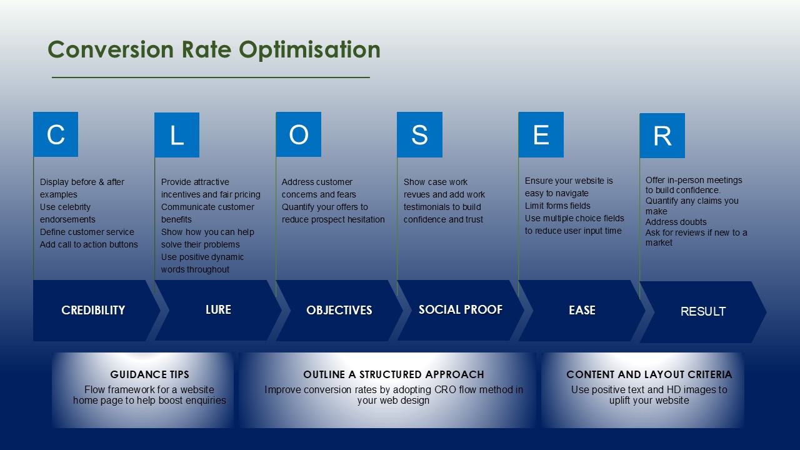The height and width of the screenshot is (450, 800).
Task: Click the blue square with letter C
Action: pos(56,134)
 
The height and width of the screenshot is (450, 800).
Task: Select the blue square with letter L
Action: pos(177,135)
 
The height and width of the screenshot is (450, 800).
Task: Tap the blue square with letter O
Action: pos(299,134)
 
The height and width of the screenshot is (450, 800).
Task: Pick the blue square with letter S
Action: pos(419,134)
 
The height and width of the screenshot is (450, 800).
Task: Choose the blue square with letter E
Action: pos(541,134)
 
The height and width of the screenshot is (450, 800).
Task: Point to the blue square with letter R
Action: pos(662,136)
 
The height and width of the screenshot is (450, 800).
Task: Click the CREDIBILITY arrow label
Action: pos(93,310)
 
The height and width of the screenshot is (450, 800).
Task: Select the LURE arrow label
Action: pos(218,309)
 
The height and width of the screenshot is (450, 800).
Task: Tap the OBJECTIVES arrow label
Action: pos(339,310)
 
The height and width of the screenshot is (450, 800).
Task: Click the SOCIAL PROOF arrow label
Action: pos(460,309)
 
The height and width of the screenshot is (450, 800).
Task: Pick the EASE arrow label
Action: pos(582,310)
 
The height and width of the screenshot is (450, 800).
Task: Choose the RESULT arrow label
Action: pos(702,311)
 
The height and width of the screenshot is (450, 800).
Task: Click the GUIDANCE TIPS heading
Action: pos(149,374)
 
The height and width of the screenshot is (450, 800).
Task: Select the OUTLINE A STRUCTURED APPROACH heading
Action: pos(393,374)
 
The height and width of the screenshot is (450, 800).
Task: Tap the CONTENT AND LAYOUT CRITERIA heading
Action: pos(649,374)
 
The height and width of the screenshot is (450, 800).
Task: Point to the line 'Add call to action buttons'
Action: pos(89,244)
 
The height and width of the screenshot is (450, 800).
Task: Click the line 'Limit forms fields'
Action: pos(557,206)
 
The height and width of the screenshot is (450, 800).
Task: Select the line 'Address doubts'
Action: pos(676,222)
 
